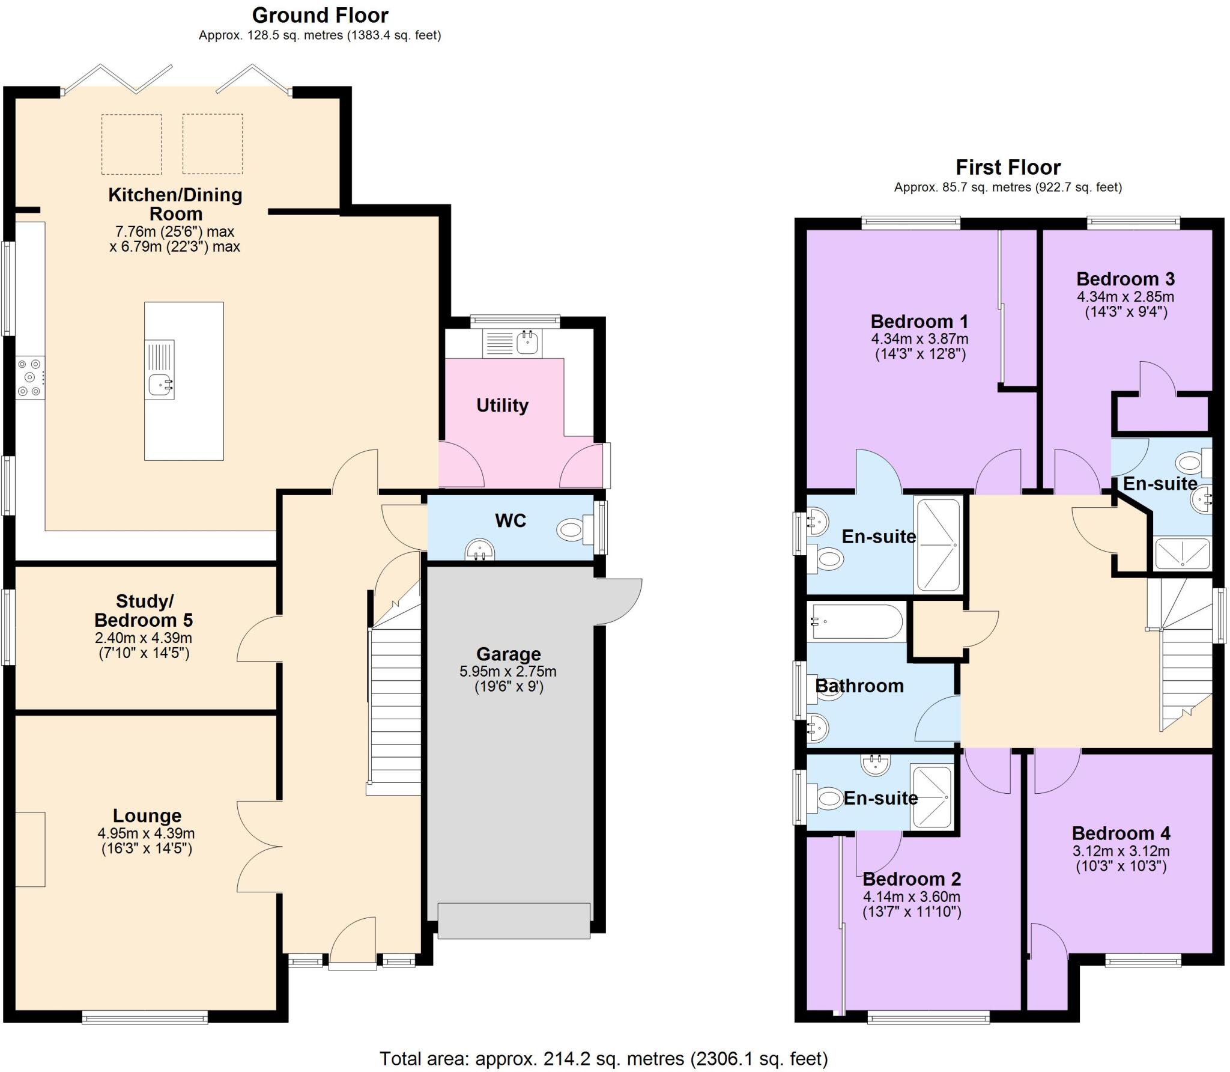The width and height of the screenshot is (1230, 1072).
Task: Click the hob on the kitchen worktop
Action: [x=30, y=377]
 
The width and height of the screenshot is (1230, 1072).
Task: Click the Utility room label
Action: [x=502, y=406]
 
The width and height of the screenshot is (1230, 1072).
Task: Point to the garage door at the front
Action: [x=514, y=920]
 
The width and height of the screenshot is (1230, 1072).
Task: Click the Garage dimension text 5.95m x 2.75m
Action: [x=508, y=671]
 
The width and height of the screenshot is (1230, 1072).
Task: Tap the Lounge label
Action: [x=147, y=815]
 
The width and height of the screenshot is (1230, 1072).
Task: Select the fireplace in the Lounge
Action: [x=30, y=849]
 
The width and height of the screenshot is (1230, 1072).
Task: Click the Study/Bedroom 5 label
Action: [x=144, y=611]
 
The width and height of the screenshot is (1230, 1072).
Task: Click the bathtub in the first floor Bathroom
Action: [x=856, y=622]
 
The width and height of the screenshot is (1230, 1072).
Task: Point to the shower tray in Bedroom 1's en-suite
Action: [x=937, y=544]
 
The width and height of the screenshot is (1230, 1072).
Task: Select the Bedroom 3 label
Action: [x=1125, y=279]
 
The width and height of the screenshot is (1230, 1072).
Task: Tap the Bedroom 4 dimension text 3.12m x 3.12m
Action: [x=1121, y=851]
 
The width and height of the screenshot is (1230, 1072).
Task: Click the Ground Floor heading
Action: [x=320, y=15]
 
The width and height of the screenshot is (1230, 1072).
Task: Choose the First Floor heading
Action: [x=1008, y=167]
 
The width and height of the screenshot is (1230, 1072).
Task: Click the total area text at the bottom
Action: [x=604, y=1058]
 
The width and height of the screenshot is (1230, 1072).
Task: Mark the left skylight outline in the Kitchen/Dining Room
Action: [x=132, y=144]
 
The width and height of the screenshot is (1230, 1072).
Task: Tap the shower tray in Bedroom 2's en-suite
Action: [x=932, y=797]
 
